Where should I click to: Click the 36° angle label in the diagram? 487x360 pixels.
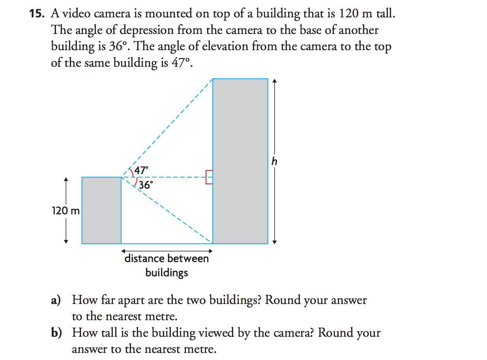(145, 185)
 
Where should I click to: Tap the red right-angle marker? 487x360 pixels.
(209, 177)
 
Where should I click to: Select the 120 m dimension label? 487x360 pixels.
(66, 211)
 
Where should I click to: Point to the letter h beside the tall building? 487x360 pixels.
(274, 161)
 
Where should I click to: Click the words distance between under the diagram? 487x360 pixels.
(167, 259)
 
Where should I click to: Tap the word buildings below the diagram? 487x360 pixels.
(167, 273)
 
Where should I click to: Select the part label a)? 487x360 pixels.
(56, 300)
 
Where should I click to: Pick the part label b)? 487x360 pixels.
(57, 333)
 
